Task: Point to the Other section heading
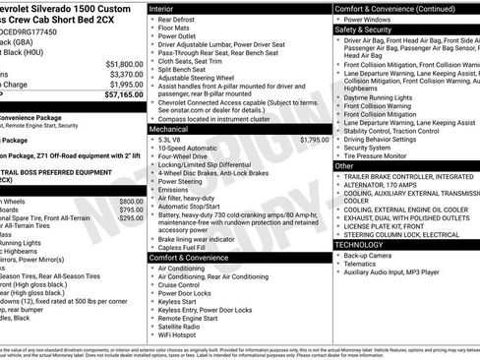[x=344, y=166]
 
